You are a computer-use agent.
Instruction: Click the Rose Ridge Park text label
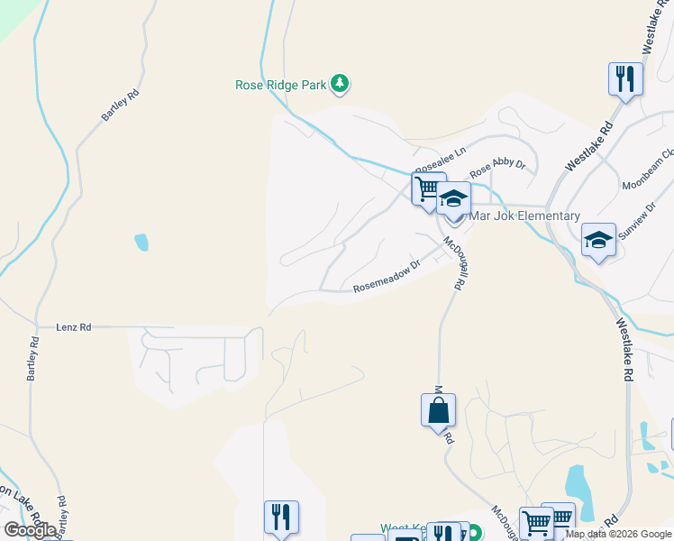(279, 86)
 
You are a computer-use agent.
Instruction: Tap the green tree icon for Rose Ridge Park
(340, 85)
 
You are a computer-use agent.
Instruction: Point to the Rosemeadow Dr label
(387, 277)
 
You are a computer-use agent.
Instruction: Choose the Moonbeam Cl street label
(647, 170)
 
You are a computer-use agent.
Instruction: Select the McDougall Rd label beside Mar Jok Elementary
(455, 262)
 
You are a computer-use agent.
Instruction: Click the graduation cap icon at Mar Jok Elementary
(454, 199)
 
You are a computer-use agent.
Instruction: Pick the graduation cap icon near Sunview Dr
(598, 240)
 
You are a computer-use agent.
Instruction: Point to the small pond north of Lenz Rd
(141, 242)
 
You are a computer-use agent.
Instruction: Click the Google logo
(30, 530)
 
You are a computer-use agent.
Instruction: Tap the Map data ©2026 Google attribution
(619, 534)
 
